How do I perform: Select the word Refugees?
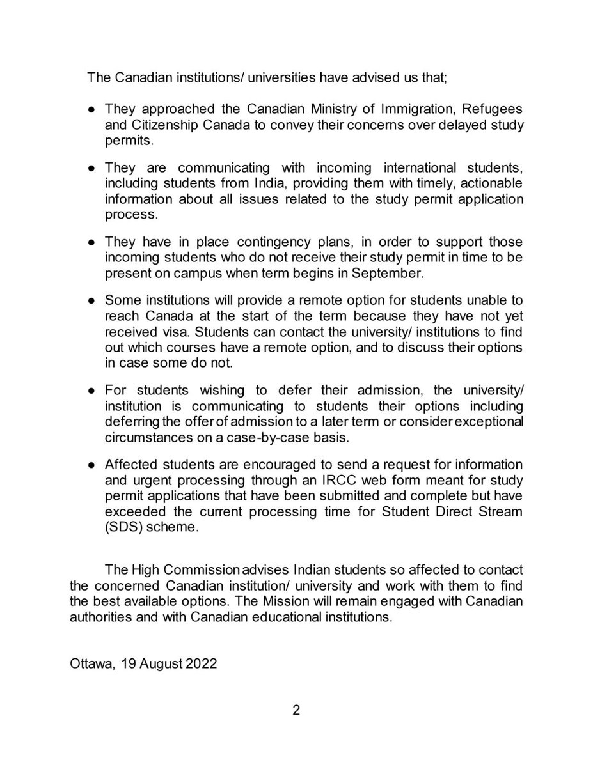click(489, 109)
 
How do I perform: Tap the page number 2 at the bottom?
click(297, 710)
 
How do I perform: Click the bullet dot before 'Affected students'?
click(92, 464)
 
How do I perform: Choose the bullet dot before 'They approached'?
click(92, 110)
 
